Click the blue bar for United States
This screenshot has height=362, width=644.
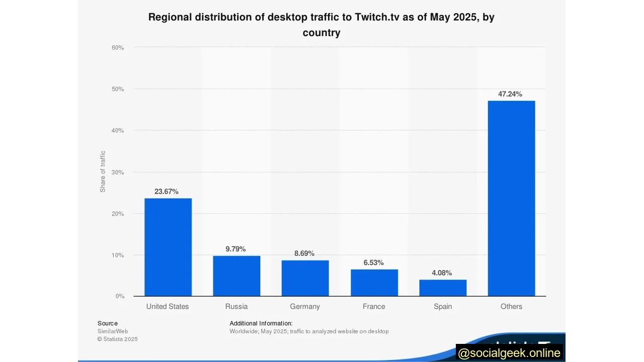pyautogui.click(x=168, y=247)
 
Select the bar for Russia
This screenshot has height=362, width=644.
pyautogui.click(x=236, y=276)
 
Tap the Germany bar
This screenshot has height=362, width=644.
pyautogui.click(x=305, y=278)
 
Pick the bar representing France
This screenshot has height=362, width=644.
pyautogui.click(x=374, y=283)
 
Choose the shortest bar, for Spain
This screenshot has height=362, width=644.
pyautogui.click(x=443, y=288)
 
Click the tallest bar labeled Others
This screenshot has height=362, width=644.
pyautogui.click(x=511, y=199)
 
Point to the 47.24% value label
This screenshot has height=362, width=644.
pyautogui.click(x=510, y=94)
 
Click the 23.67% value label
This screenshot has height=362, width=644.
pyautogui.click(x=167, y=192)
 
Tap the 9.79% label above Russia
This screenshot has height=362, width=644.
pyautogui.click(x=235, y=249)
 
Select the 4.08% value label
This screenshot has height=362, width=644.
pyautogui.click(x=442, y=273)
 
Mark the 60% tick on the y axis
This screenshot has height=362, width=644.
pyautogui.click(x=118, y=48)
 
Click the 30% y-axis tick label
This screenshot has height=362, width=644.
pyautogui.click(x=118, y=172)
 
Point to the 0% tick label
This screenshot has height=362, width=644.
pyautogui.click(x=120, y=296)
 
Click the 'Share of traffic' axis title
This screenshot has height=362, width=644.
pyautogui.click(x=103, y=171)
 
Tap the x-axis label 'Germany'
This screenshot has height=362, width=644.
pyautogui.click(x=305, y=306)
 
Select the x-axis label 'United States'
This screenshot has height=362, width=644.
pyautogui.click(x=168, y=306)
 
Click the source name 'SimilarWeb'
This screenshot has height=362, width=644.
pyautogui.click(x=113, y=331)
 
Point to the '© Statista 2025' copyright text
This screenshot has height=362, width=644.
pyautogui.click(x=117, y=339)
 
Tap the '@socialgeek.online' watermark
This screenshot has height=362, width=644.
pyautogui.click(x=509, y=353)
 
